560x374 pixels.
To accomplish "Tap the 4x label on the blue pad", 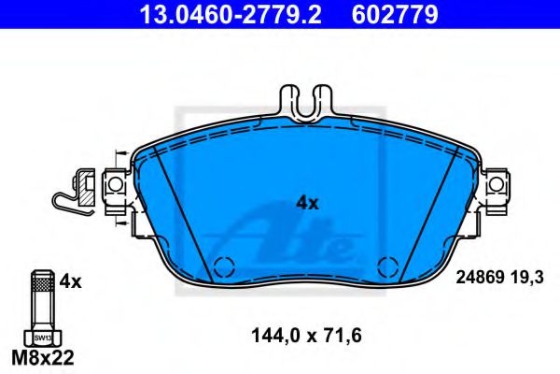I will click(307, 201).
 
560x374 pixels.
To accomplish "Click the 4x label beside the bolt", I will click(72, 280).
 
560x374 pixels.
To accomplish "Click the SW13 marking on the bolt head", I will click(41, 337).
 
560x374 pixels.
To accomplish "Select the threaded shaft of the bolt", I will click(41, 299).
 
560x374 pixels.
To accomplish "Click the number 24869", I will click(479, 277).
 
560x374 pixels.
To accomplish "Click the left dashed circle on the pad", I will click(222, 266).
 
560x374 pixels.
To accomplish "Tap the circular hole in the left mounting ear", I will click(116, 186).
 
